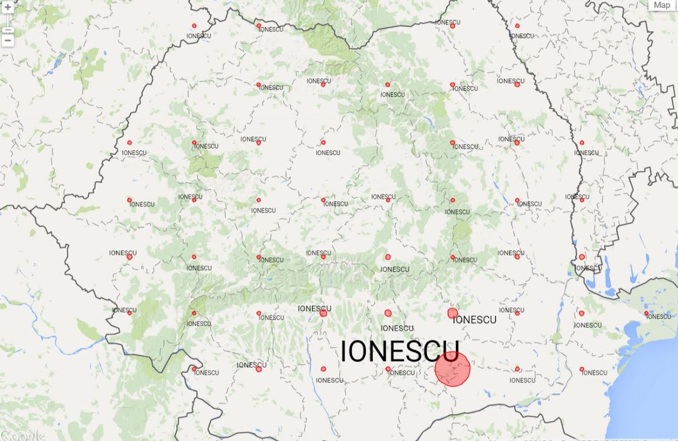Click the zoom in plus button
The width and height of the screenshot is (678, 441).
(x=8, y=8)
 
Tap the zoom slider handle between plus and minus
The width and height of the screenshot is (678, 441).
(x=8, y=28)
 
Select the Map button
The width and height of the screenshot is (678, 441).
(x=662, y=5)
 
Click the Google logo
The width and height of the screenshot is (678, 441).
(x=22, y=436)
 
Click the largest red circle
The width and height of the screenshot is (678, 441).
(x=453, y=369)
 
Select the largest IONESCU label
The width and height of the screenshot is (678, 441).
(x=400, y=351)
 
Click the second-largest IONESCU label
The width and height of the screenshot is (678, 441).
(x=475, y=320)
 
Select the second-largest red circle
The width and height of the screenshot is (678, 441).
(x=452, y=313)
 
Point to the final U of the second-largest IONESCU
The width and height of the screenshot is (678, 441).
(x=493, y=320)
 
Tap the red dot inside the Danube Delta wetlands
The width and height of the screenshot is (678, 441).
(x=646, y=314)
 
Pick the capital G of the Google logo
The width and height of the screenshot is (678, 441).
(x=5, y=436)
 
